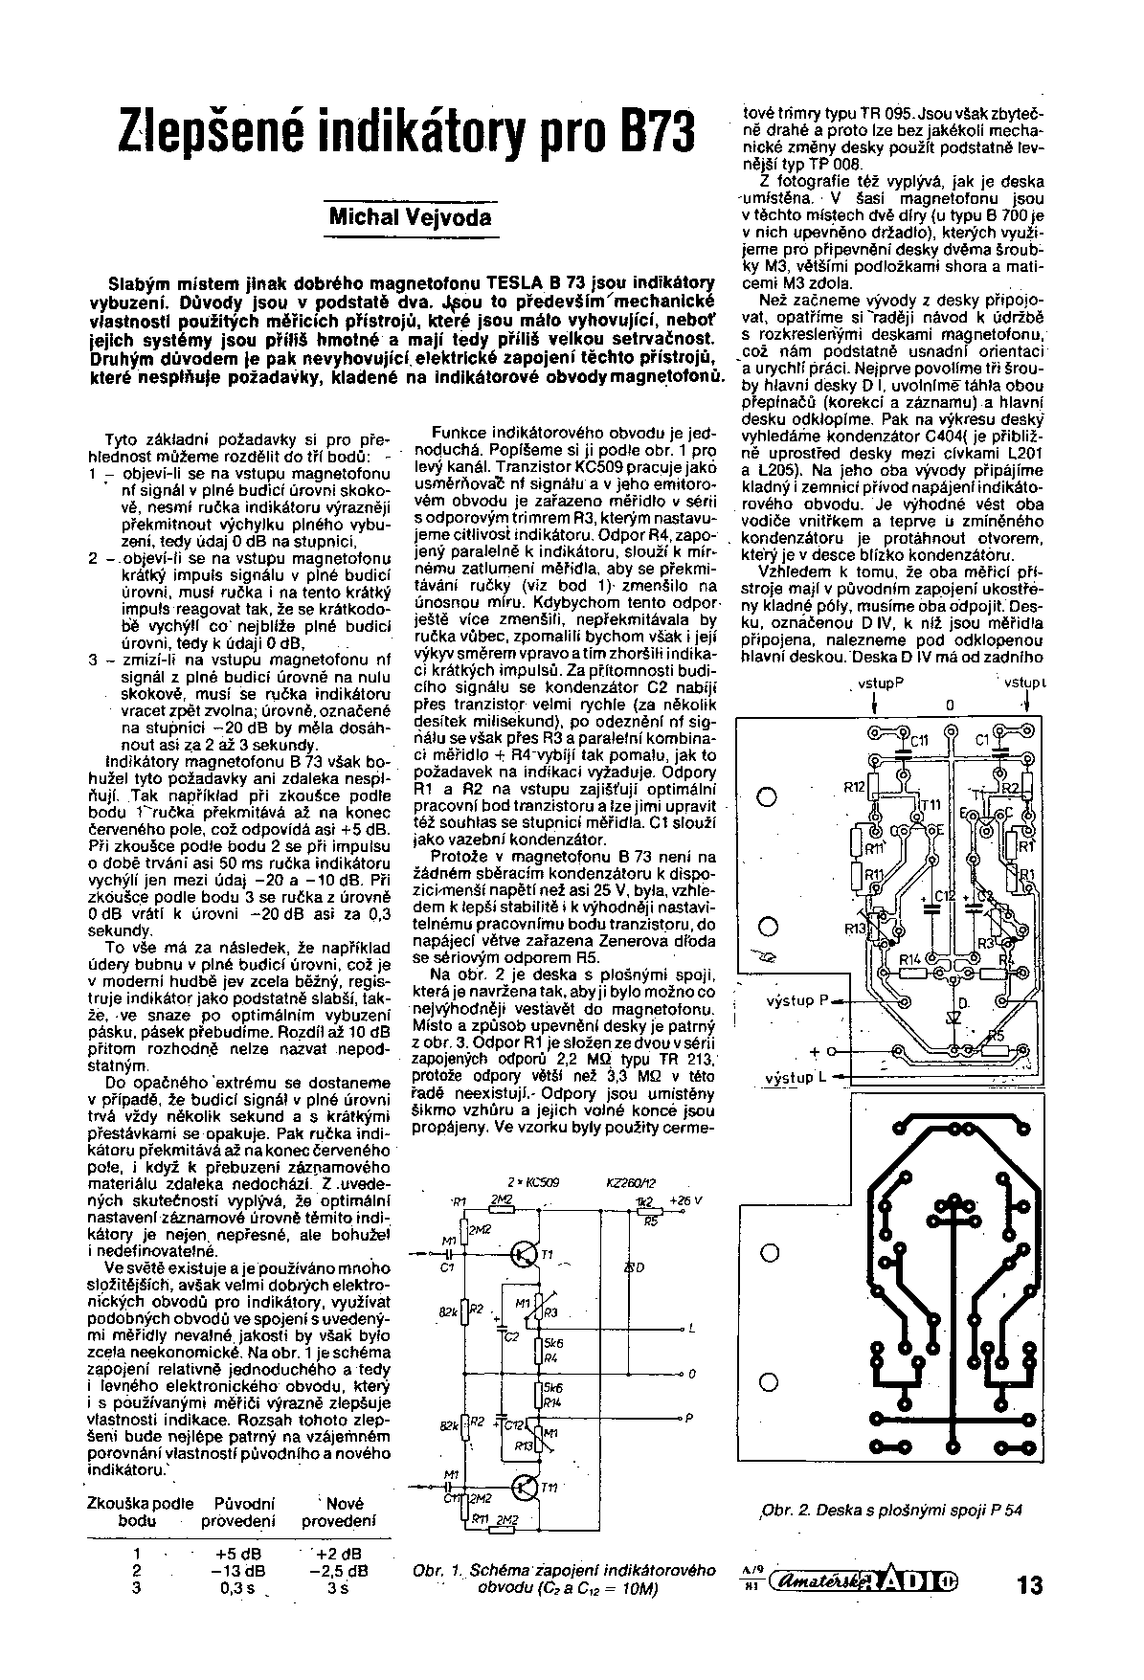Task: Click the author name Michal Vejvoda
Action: (x=410, y=216)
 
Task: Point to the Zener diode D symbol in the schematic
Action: (x=633, y=1268)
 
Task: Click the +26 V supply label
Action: (x=685, y=1199)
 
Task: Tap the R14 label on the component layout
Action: (x=909, y=959)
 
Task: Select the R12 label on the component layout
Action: (x=854, y=786)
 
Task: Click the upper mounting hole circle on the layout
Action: (x=767, y=796)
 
